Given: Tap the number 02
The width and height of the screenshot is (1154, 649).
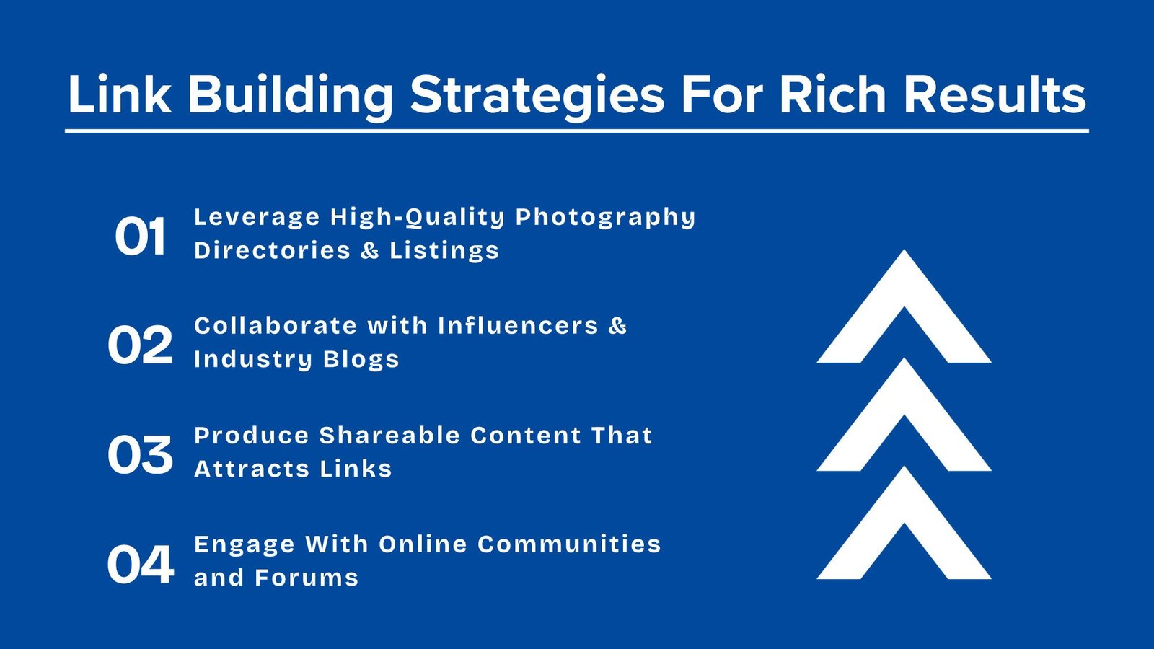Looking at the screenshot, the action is coord(140,345).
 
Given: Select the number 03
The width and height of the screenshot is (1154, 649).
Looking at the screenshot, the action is coord(140,454).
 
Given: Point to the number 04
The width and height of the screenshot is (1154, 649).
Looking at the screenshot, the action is coord(140,565).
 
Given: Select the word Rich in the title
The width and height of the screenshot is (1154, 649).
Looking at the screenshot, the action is coord(833,94).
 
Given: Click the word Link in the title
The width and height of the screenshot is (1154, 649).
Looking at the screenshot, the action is coord(120,94).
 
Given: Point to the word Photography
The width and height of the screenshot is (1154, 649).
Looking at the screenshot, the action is coord(606,218).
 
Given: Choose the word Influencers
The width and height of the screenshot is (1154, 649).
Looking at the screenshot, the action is coord(519,325).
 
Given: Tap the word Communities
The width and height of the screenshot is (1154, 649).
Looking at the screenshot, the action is coord(569,544).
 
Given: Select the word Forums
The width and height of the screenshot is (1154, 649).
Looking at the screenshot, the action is coord(307,578).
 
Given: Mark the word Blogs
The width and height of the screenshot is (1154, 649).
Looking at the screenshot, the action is coord(361,360).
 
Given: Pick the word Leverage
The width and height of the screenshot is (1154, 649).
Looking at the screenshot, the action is coord(257,218).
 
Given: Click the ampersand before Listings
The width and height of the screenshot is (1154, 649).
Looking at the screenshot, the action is coord(370,250).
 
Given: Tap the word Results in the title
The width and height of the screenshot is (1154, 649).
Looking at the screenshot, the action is coord(995,94).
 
